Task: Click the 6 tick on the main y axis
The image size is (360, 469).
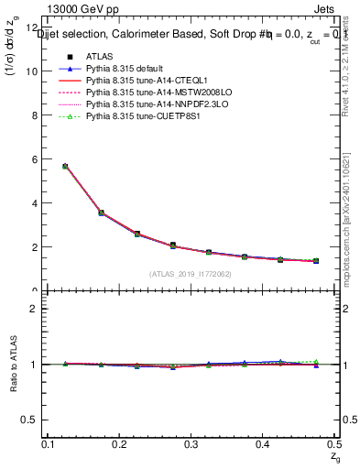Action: point(37,159)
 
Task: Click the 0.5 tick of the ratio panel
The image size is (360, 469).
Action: point(34,420)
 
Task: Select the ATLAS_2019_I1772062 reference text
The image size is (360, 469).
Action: point(190,273)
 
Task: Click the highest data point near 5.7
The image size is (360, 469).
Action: point(65,166)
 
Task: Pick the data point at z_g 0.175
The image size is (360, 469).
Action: point(102,213)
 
